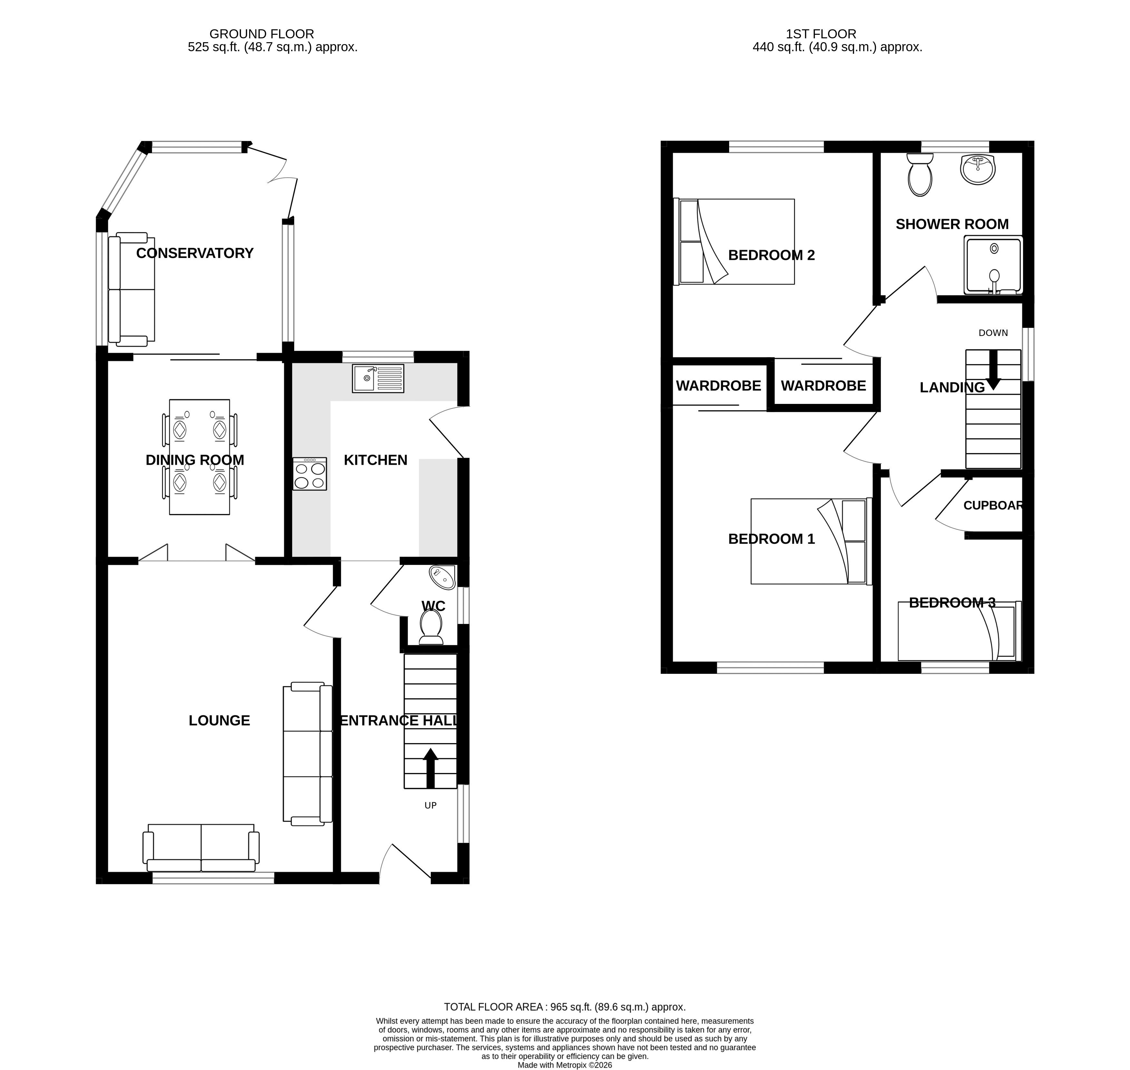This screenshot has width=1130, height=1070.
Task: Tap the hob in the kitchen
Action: (310, 474)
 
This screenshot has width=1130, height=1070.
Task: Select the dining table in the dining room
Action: (200, 457)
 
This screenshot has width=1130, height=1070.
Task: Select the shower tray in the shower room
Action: (993, 265)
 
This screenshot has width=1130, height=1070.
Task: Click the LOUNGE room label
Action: (220, 721)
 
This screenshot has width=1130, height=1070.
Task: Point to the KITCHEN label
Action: (375, 460)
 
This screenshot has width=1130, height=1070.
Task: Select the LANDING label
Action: (952, 387)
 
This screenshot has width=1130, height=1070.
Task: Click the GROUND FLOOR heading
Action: (262, 34)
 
